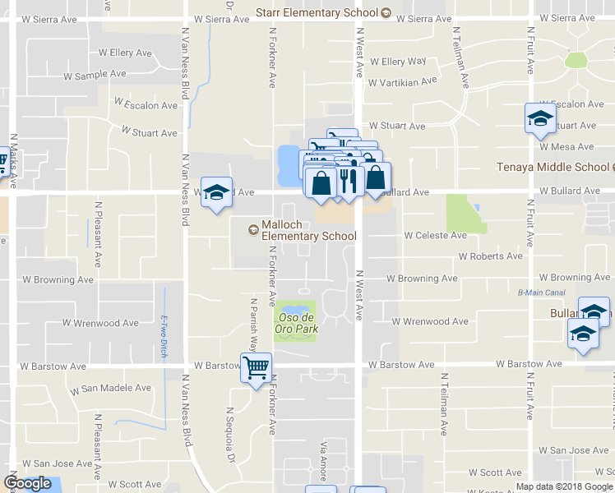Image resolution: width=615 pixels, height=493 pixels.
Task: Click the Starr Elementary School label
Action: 317,12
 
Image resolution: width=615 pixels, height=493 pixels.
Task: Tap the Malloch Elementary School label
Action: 308,231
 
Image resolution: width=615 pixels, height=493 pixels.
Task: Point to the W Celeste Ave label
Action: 435,235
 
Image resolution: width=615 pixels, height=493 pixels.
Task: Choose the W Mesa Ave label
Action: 566,147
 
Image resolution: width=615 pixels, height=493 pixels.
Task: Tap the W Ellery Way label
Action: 398,62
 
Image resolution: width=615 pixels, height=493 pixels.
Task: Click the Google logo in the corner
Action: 27,483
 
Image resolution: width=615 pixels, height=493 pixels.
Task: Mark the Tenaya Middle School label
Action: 555,168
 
